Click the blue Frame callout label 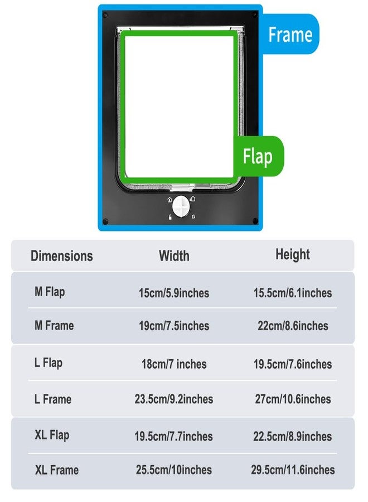(290, 34)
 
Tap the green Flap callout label (258, 156)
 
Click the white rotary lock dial (181, 206)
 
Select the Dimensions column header (62, 256)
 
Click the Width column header (174, 256)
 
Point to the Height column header (293, 255)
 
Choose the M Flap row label (50, 292)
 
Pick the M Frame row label (54, 326)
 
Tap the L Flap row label (49, 363)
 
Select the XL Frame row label (57, 470)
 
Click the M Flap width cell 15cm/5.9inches (174, 293)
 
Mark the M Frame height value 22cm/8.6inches (293, 326)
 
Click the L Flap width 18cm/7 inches (174, 364)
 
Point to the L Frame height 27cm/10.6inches (293, 399)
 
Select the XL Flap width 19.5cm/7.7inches (173, 436)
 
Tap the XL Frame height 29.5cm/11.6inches (293, 470)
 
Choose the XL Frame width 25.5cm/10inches (174, 470)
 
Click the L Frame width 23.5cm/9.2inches (174, 399)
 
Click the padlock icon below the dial (170, 218)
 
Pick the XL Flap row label (52, 436)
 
